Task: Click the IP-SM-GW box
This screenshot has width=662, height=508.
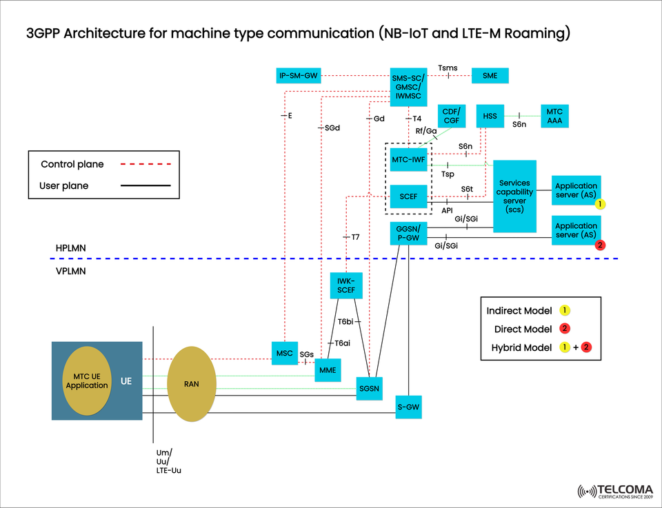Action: pos(298,75)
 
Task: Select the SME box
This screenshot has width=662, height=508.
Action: pos(490,75)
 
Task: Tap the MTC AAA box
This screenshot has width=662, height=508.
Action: pos(554,116)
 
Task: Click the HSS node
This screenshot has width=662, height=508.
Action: pos(490,116)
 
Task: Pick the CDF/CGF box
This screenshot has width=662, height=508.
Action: pos(452,116)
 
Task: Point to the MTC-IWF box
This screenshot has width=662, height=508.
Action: pos(408,160)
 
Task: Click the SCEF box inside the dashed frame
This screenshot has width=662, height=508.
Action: pos(408,196)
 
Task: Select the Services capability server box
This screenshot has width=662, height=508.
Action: pos(514,196)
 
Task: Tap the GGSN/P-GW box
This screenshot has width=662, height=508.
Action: pos(408,233)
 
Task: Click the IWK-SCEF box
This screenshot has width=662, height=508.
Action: pos(345,285)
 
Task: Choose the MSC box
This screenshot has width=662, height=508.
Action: pos(284,354)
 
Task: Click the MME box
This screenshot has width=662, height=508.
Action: pos(327,370)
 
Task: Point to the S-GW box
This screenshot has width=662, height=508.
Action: pos(408,407)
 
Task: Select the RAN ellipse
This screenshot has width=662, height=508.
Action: pos(192,384)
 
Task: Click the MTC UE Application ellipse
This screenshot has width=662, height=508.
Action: pos(87,380)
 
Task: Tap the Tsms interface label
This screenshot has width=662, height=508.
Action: pos(448,68)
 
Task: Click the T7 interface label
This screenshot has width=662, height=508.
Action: pos(355,237)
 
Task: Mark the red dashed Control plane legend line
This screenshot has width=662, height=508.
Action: pos(145,164)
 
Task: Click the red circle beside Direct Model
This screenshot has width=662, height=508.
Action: pos(564,329)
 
